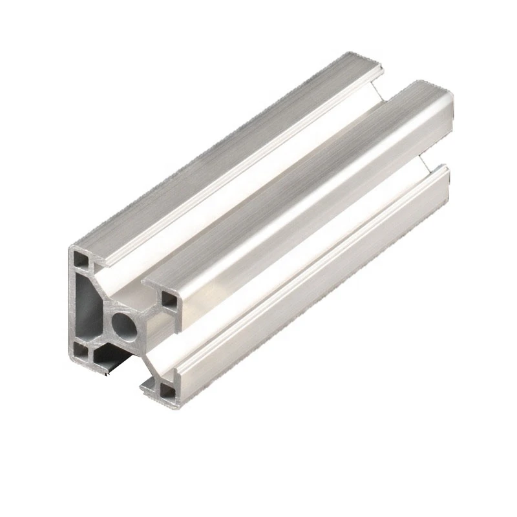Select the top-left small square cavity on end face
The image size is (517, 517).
83,260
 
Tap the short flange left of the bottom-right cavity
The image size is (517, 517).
148,386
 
